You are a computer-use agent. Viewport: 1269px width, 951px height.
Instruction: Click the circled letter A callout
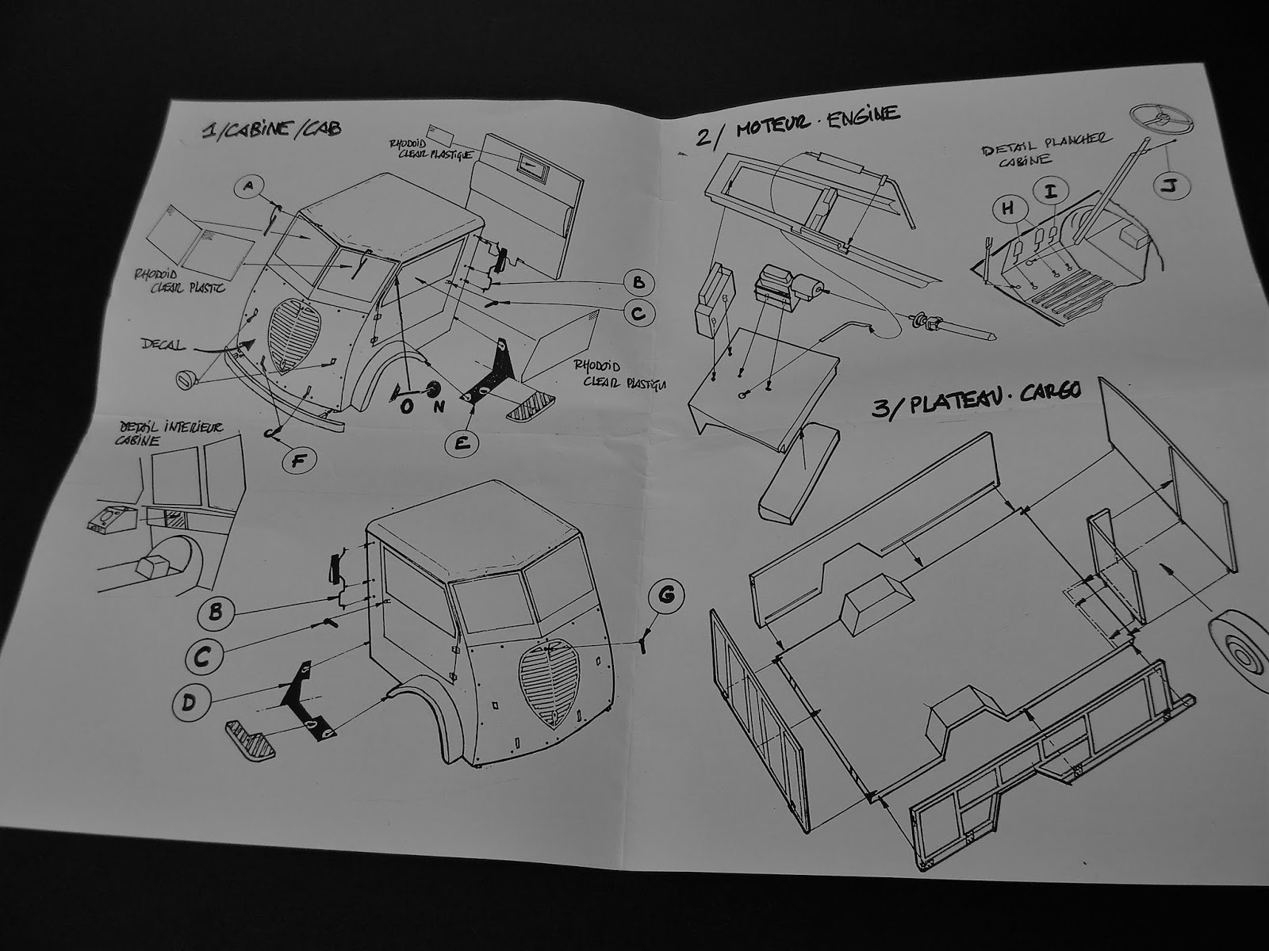tap(248, 187)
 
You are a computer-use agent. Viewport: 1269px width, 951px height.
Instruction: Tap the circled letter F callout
tap(298, 459)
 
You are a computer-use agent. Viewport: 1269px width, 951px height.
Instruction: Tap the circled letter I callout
tap(1051, 191)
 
